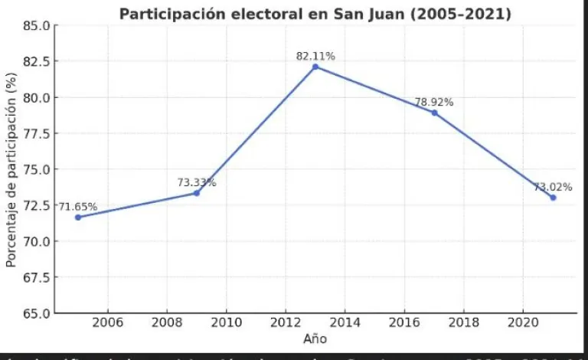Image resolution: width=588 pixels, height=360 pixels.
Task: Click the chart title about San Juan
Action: [315, 14]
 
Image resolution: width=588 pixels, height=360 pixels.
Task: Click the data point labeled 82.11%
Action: [315, 67]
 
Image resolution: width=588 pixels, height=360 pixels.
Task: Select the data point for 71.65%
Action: [78, 217]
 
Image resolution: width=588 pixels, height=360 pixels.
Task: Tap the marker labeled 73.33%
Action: [197, 193]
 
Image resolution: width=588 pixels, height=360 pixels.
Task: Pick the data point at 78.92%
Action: [434, 113]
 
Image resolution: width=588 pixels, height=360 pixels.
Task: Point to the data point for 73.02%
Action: [553, 198]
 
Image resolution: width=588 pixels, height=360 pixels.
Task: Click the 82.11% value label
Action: [315, 56]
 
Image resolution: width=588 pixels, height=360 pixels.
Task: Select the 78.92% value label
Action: [434, 101]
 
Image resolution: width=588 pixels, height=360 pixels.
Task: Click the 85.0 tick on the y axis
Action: [36, 25]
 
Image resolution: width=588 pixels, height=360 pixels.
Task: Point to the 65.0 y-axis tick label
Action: [36, 313]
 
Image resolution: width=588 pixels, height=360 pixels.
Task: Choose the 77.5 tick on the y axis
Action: [36, 133]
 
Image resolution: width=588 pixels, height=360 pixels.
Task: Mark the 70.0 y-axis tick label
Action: [36, 241]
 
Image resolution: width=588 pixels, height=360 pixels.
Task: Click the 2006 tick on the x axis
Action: [108, 323]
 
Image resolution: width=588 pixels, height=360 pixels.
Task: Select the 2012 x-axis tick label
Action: [286, 323]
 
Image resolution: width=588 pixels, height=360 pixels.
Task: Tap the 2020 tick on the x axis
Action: [523, 323]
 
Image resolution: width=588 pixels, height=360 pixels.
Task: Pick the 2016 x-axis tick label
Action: [404, 323]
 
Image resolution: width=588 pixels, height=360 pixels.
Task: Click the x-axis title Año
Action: [315, 339]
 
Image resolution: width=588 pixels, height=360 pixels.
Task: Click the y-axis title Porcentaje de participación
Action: [11, 169]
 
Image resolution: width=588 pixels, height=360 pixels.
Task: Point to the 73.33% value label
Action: [197, 182]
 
